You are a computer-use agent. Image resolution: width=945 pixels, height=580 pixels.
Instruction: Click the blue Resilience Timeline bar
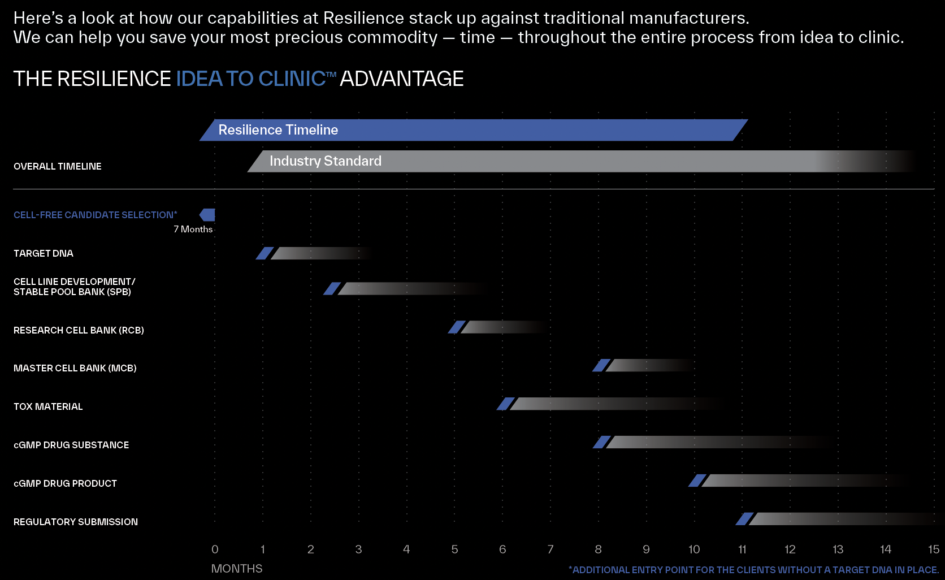(474, 130)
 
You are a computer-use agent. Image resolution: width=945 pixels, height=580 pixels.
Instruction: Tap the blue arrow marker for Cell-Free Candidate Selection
(207, 215)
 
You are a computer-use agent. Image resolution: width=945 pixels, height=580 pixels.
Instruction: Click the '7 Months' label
(193, 229)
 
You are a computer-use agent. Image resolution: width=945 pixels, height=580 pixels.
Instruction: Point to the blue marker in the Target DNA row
(265, 253)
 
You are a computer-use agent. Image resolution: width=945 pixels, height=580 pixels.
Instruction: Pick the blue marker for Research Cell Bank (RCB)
(457, 327)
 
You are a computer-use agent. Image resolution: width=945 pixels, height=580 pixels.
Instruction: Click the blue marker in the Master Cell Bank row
(601, 365)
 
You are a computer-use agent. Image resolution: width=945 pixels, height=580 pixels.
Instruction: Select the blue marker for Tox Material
(506, 404)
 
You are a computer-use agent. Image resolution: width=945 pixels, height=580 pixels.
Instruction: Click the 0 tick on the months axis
(215, 549)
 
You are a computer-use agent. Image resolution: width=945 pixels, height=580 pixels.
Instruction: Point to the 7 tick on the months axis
(550, 549)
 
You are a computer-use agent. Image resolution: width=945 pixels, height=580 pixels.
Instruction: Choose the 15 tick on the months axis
(934, 549)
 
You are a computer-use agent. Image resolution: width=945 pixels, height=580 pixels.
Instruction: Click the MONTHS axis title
(237, 569)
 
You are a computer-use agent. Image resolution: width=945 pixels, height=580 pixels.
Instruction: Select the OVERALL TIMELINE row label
(58, 166)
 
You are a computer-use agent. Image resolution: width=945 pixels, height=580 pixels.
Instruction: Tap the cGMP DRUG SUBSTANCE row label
(71, 445)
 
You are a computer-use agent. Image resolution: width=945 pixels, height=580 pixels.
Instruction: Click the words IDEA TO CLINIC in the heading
(251, 79)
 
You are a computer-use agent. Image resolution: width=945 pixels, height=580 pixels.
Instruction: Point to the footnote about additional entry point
(753, 570)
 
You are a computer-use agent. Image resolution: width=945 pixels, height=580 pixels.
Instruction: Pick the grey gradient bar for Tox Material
(610, 404)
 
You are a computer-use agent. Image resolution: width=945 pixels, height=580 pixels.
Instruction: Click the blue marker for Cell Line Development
(332, 288)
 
